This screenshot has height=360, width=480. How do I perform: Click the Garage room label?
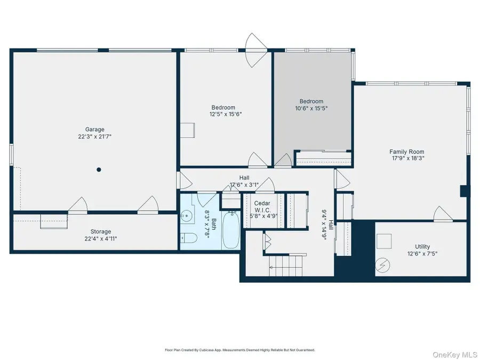95,129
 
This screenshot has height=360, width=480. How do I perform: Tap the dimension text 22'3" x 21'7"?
95,137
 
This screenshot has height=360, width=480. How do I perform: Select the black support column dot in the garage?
99,170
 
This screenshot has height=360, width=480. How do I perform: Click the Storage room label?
100,231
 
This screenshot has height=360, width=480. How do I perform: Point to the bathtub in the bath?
231,230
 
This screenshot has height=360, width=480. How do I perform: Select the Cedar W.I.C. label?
262,206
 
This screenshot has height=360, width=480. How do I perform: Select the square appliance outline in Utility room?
384,243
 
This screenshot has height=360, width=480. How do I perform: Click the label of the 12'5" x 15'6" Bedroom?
222,108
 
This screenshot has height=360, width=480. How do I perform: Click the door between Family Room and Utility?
442,215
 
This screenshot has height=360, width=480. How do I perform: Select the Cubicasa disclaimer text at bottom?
239,350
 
